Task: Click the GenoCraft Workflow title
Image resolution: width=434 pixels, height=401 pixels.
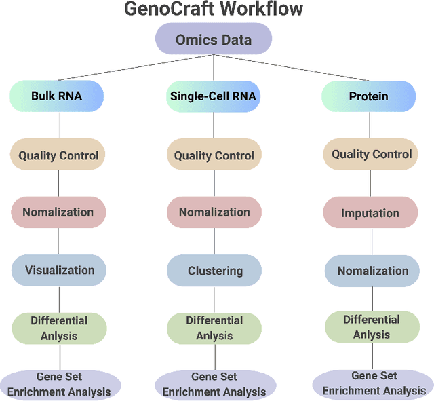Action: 214,9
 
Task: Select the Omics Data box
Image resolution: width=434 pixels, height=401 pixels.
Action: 214,39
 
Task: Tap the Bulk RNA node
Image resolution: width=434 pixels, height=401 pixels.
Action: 57,96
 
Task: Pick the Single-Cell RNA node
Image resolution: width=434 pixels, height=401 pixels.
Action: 214,96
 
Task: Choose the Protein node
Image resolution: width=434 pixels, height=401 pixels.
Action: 368,96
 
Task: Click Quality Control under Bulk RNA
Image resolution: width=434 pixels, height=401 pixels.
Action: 58,155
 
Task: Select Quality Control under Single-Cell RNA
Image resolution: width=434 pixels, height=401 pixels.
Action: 214,155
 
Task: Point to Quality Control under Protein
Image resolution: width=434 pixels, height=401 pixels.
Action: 371,154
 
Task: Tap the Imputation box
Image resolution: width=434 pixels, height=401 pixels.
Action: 370,212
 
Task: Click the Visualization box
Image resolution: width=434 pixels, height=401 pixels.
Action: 59,270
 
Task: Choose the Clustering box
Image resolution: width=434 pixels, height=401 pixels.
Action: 215,271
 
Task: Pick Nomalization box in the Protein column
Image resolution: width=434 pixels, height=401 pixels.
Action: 373,271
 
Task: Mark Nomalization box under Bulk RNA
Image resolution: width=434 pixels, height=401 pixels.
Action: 58,212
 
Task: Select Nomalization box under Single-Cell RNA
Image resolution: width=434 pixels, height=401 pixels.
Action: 214,212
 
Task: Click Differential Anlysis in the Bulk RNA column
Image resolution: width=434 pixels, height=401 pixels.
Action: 59,328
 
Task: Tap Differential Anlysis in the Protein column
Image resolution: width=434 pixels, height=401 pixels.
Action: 372,327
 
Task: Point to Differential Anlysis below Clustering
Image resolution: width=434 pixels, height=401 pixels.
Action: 214,328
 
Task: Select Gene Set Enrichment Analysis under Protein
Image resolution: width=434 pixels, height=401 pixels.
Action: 374,383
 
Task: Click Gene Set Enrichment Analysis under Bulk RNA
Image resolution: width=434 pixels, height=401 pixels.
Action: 60,385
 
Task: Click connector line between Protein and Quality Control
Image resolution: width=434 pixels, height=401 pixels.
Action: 370,125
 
